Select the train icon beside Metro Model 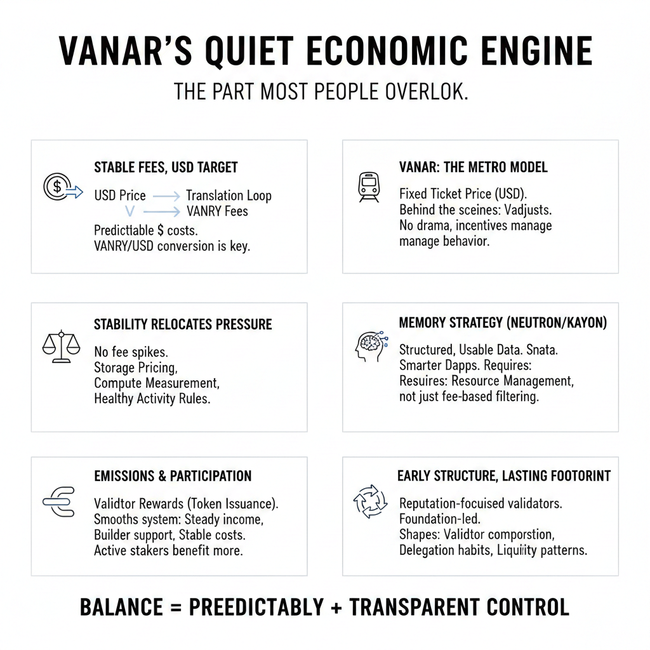pyautogui.click(x=369, y=187)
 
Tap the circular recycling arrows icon pyautogui.click(x=369, y=501)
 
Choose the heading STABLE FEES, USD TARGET pyautogui.click(x=166, y=168)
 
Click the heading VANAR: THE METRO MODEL pyautogui.click(x=473, y=168)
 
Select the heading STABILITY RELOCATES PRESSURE pyautogui.click(x=183, y=324)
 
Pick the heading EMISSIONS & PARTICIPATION pyautogui.click(x=173, y=476)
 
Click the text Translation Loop pyautogui.click(x=229, y=196)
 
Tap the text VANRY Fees pyautogui.click(x=218, y=211)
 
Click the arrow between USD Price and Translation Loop pyautogui.click(x=166, y=197)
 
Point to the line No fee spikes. pyautogui.click(x=131, y=351)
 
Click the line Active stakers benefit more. pyautogui.click(x=168, y=550)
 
